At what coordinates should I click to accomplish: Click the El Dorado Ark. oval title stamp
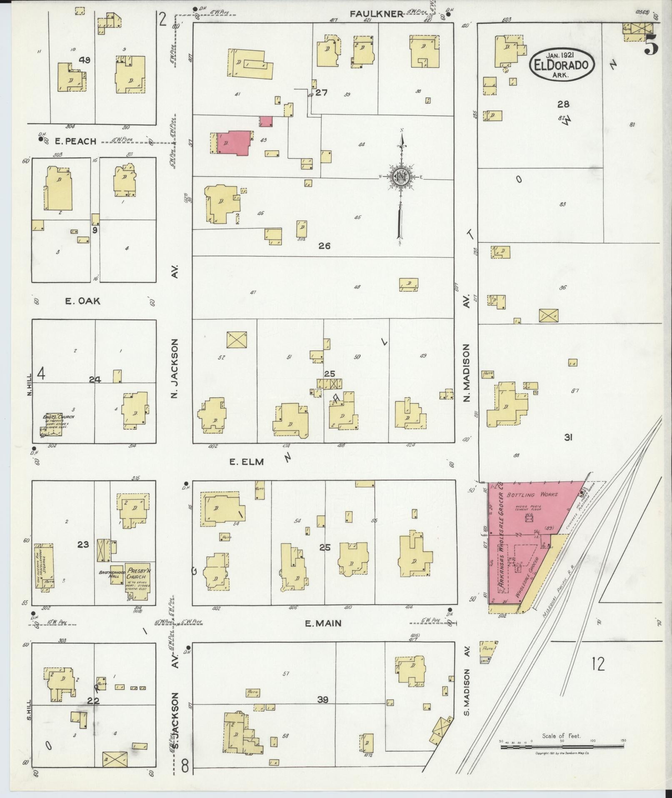(x=562, y=65)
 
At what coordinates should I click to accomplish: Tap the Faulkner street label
(x=376, y=14)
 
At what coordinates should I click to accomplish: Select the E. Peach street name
(x=75, y=141)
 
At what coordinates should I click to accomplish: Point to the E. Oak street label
(x=82, y=300)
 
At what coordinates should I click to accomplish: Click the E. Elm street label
(x=247, y=461)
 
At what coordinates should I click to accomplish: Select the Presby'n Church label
(x=137, y=573)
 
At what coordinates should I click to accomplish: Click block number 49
(x=85, y=60)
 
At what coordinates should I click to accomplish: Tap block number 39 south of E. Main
(x=323, y=700)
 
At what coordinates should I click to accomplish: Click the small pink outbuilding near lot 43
(x=266, y=121)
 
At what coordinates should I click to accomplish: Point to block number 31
(x=568, y=437)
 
